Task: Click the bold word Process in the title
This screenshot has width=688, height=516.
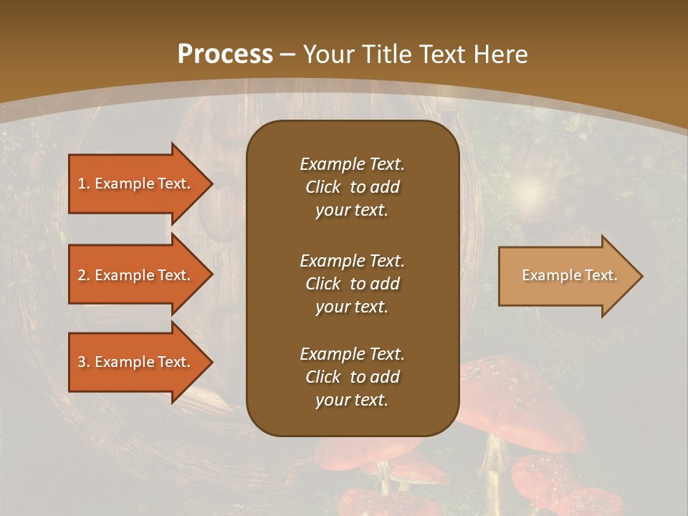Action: (225, 54)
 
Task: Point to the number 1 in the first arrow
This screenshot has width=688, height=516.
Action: (82, 183)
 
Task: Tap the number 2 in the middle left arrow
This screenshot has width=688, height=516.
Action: (82, 275)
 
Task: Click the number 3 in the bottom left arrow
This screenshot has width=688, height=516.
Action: (82, 362)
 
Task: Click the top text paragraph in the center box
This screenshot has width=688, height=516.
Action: (352, 187)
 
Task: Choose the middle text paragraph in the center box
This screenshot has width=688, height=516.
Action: (352, 284)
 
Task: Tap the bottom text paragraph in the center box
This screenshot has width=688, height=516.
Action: (352, 377)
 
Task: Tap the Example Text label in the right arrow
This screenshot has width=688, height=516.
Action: (569, 275)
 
